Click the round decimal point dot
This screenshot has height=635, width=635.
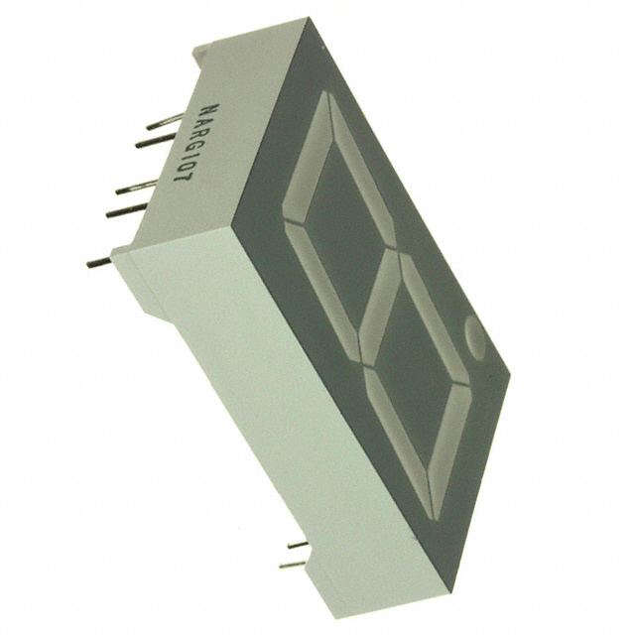coord(474,337)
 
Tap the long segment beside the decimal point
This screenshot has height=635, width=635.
coord(451,451)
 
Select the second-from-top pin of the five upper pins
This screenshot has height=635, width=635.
coord(155,141)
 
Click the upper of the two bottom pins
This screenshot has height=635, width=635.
coord(297,544)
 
